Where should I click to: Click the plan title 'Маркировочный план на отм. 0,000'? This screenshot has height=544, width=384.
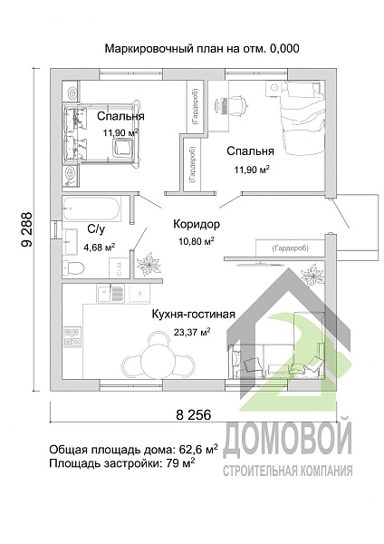point(201,48)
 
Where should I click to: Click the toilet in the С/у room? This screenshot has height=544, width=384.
point(75,266)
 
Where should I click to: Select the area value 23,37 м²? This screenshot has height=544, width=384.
point(192,332)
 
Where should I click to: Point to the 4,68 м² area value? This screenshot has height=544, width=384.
point(99,247)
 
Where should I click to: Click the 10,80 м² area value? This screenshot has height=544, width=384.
point(196,241)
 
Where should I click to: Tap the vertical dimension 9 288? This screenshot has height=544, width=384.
point(27,228)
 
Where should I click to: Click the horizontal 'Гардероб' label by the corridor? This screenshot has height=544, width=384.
point(279,248)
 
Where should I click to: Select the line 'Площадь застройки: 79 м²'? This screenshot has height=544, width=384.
point(122,463)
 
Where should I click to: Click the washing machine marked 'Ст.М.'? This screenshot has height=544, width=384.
point(118,267)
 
